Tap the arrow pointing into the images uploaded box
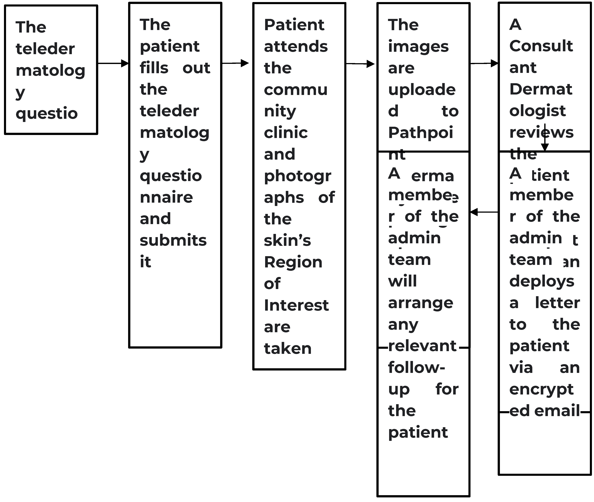pos(360,64)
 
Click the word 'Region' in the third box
pos(293,262)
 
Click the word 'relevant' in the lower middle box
pos(422,346)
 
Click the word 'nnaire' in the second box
pos(166,197)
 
